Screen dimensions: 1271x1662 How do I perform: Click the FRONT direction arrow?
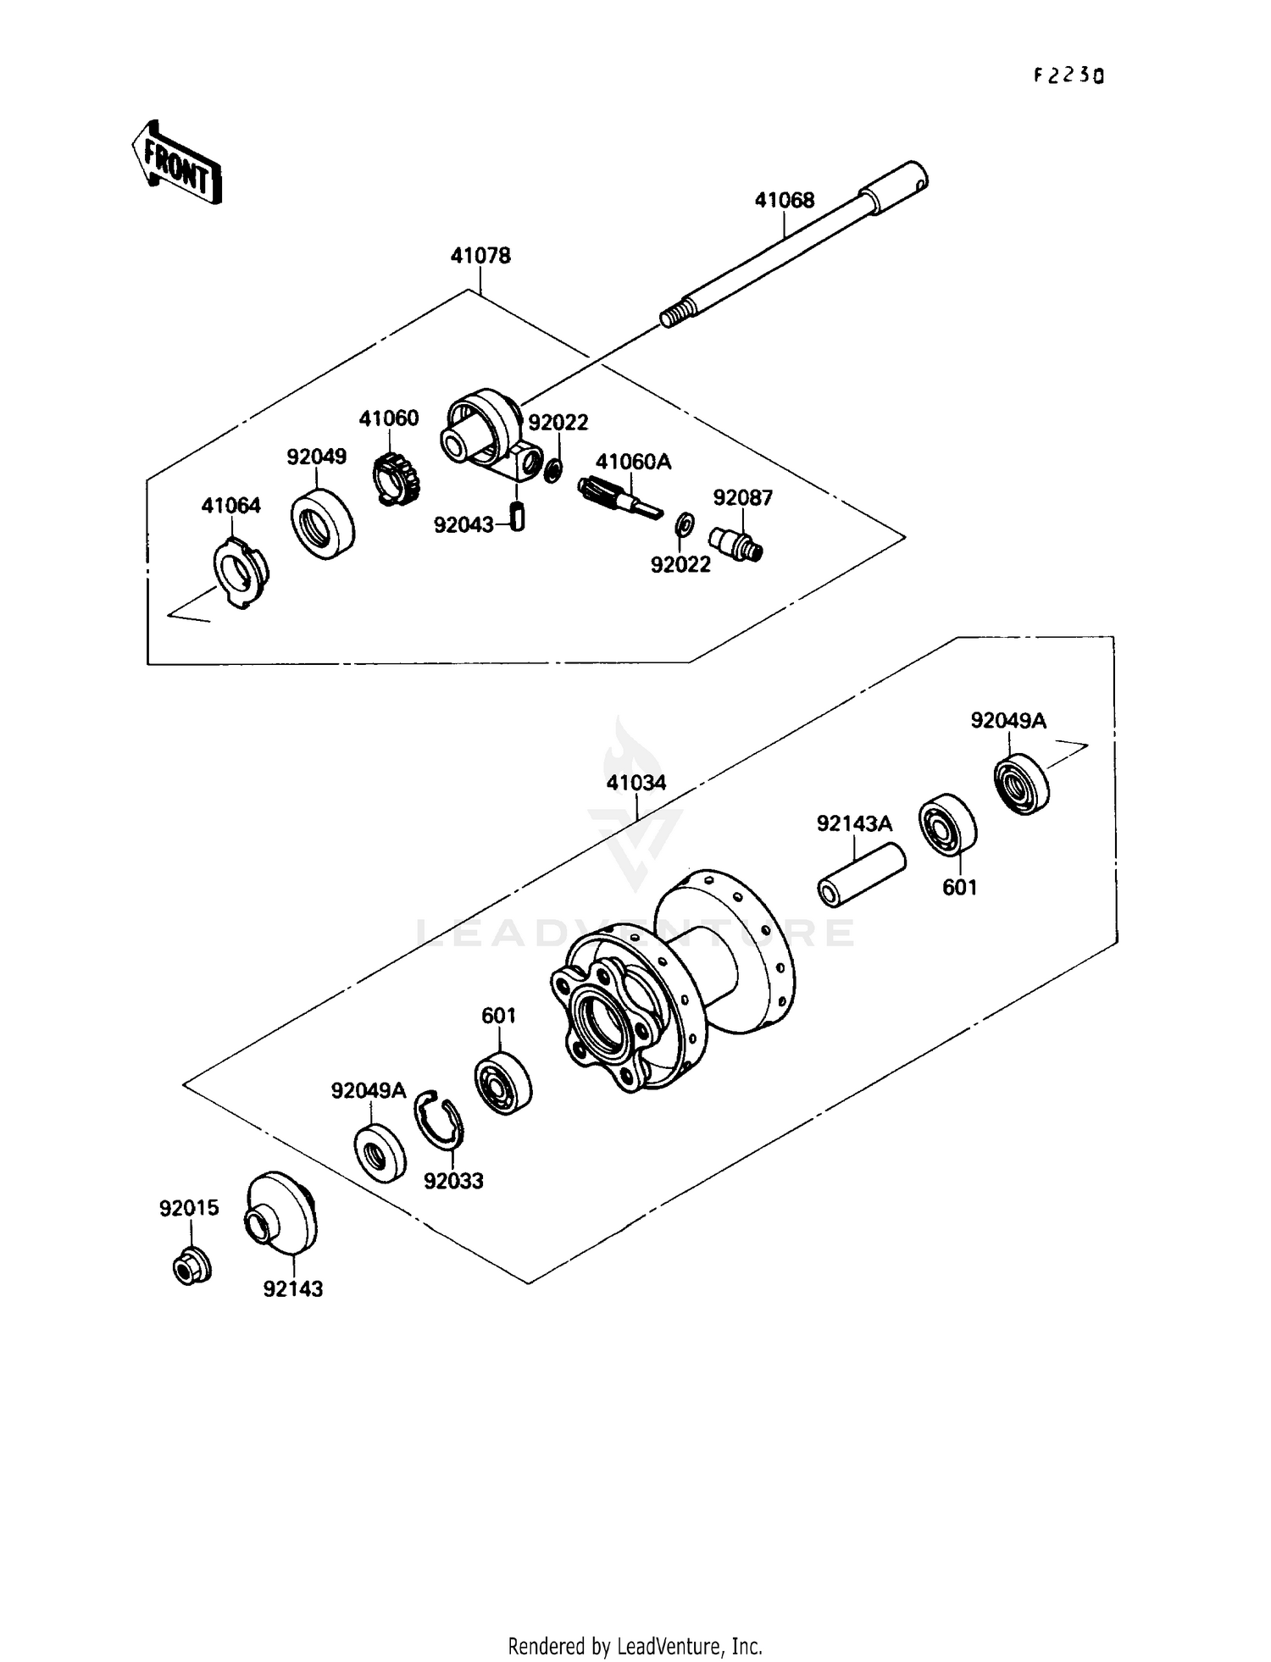point(176,163)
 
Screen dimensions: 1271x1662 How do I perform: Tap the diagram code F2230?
point(1068,75)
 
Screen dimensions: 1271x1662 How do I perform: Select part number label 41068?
point(785,200)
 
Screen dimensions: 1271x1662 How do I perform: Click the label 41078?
point(480,255)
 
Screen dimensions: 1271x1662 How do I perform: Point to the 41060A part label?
point(633,462)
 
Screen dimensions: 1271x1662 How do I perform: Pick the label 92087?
point(743,497)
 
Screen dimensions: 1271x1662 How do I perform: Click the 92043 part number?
point(463,525)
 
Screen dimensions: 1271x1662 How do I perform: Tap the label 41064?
point(231,506)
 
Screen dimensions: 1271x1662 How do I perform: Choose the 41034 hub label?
point(636,783)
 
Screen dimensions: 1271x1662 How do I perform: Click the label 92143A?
point(854,823)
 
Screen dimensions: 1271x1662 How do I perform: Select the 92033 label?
point(453,1181)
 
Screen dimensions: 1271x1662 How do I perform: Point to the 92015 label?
point(189,1209)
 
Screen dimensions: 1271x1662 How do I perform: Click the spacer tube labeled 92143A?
point(861,875)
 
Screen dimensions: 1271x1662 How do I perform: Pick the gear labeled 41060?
point(397,479)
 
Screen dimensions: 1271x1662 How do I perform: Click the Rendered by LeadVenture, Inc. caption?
point(635,1646)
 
